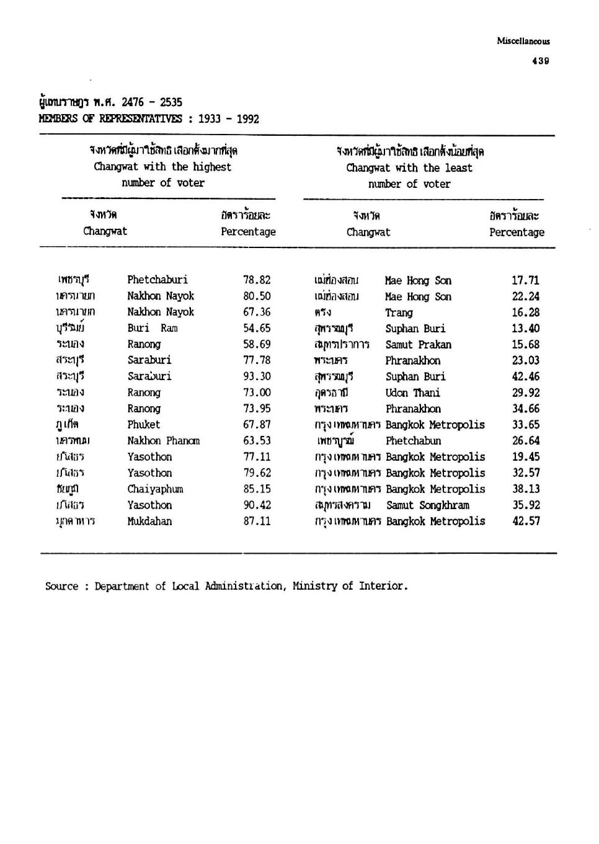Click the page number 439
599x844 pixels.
tap(540, 61)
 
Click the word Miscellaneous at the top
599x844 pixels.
tap(523, 42)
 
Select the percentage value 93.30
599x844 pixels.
tap(257, 376)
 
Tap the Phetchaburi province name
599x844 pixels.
tap(158, 280)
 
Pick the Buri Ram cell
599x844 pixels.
tap(153, 328)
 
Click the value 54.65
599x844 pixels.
tap(257, 328)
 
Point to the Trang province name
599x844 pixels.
tap(399, 313)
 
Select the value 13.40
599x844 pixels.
tap(526, 329)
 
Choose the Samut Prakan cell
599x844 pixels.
tap(419, 345)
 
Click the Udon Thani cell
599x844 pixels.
tap(413, 393)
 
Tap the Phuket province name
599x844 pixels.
tap(144, 425)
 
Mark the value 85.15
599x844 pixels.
tap(257, 489)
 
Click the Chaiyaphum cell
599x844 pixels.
tap(155, 489)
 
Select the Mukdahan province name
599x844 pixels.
tap(149, 522)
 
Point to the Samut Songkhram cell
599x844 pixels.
tap(428, 505)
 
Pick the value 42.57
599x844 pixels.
tap(526, 522)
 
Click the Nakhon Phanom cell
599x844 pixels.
tap(164, 441)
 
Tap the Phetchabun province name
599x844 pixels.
tap(414, 441)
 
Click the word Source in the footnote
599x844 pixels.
tap(62, 586)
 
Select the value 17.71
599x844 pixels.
tap(526, 280)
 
